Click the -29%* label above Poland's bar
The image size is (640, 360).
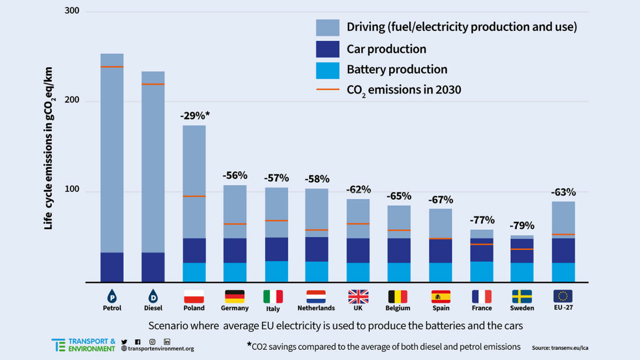coord(195,116)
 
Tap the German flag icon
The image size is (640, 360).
coord(235,297)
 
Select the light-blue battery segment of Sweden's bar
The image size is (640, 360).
coord(522,272)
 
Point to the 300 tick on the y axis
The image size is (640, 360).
coord(72,11)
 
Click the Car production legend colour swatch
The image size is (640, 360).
coord(327,49)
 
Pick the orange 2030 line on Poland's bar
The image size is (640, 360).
coord(194,196)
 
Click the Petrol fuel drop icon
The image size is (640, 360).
coord(112,296)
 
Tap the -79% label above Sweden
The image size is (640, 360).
coord(522,226)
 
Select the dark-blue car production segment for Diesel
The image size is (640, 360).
coord(153,267)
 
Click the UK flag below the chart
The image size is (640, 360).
coord(358,297)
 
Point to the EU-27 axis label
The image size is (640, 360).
coord(563,307)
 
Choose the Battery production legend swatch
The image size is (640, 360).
coord(327,70)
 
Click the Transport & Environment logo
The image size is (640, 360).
coord(83,345)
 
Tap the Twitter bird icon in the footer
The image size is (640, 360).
coord(124,342)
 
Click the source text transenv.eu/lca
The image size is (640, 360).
coord(560,348)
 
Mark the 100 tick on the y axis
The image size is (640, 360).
coord(72,189)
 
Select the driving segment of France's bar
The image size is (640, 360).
coord(482,234)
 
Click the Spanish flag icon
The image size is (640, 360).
coord(441,297)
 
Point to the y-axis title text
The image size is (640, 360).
coord(49,148)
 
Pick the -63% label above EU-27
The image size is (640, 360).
coord(563,192)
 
